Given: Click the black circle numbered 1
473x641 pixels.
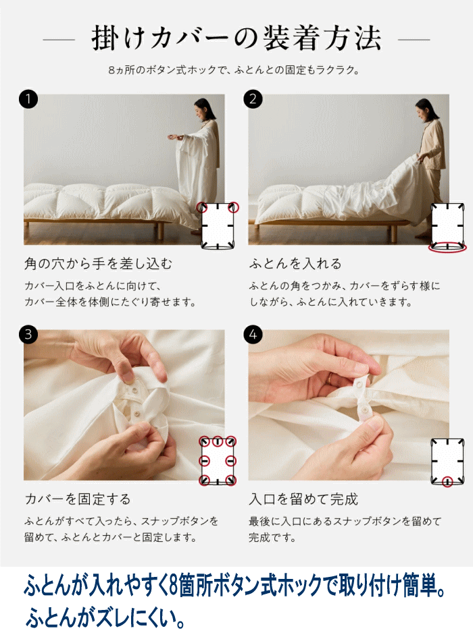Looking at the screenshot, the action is [28, 99].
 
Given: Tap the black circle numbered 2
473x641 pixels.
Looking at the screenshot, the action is [253, 99].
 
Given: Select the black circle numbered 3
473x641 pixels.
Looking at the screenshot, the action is [28, 335].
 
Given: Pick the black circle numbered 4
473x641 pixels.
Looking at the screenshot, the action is [253, 335].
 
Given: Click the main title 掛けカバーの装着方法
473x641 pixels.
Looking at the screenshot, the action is [236, 39].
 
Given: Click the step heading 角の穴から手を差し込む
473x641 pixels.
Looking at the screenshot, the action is [98, 264].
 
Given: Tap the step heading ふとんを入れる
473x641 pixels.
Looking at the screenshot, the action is [295, 264].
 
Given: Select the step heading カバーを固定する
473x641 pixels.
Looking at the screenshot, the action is [78, 499].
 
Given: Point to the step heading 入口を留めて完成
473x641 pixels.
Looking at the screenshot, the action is [303, 499].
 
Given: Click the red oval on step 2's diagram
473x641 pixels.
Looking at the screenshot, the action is [447, 247].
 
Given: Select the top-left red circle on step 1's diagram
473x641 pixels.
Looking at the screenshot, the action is [201, 207].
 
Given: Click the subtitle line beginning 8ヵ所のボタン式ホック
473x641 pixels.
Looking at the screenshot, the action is [234, 70].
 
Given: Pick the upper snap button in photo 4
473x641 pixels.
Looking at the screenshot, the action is [360, 384].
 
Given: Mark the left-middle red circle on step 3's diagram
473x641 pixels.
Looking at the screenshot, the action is [204, 461].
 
